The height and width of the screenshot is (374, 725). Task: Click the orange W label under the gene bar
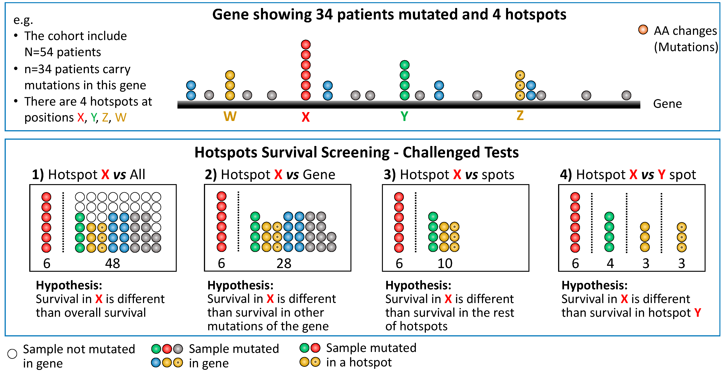pos(230,116)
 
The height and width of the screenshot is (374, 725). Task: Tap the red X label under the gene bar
pos(306,117)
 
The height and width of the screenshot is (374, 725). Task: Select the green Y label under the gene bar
pos(404,116)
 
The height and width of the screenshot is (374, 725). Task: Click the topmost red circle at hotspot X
pos(306,44)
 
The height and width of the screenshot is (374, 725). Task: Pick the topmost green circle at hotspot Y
pos(404,65)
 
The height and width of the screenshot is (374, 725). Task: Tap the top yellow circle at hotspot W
pos(230,75)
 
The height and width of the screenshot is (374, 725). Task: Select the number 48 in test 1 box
pos(113,263)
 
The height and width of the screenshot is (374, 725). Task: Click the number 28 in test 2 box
pos(284,263)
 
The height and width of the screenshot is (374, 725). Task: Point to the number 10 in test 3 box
pos(445,263)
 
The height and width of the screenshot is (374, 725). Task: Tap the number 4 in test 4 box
pos(610,263)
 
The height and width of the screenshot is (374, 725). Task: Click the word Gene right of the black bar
pos(667,104)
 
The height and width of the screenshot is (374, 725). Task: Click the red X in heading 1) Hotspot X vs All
pos(105,174)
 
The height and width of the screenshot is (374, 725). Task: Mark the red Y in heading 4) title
pos(661,175)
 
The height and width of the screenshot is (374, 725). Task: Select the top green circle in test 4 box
pos(609,217)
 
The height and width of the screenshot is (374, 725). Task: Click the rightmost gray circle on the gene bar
pos(626,95)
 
